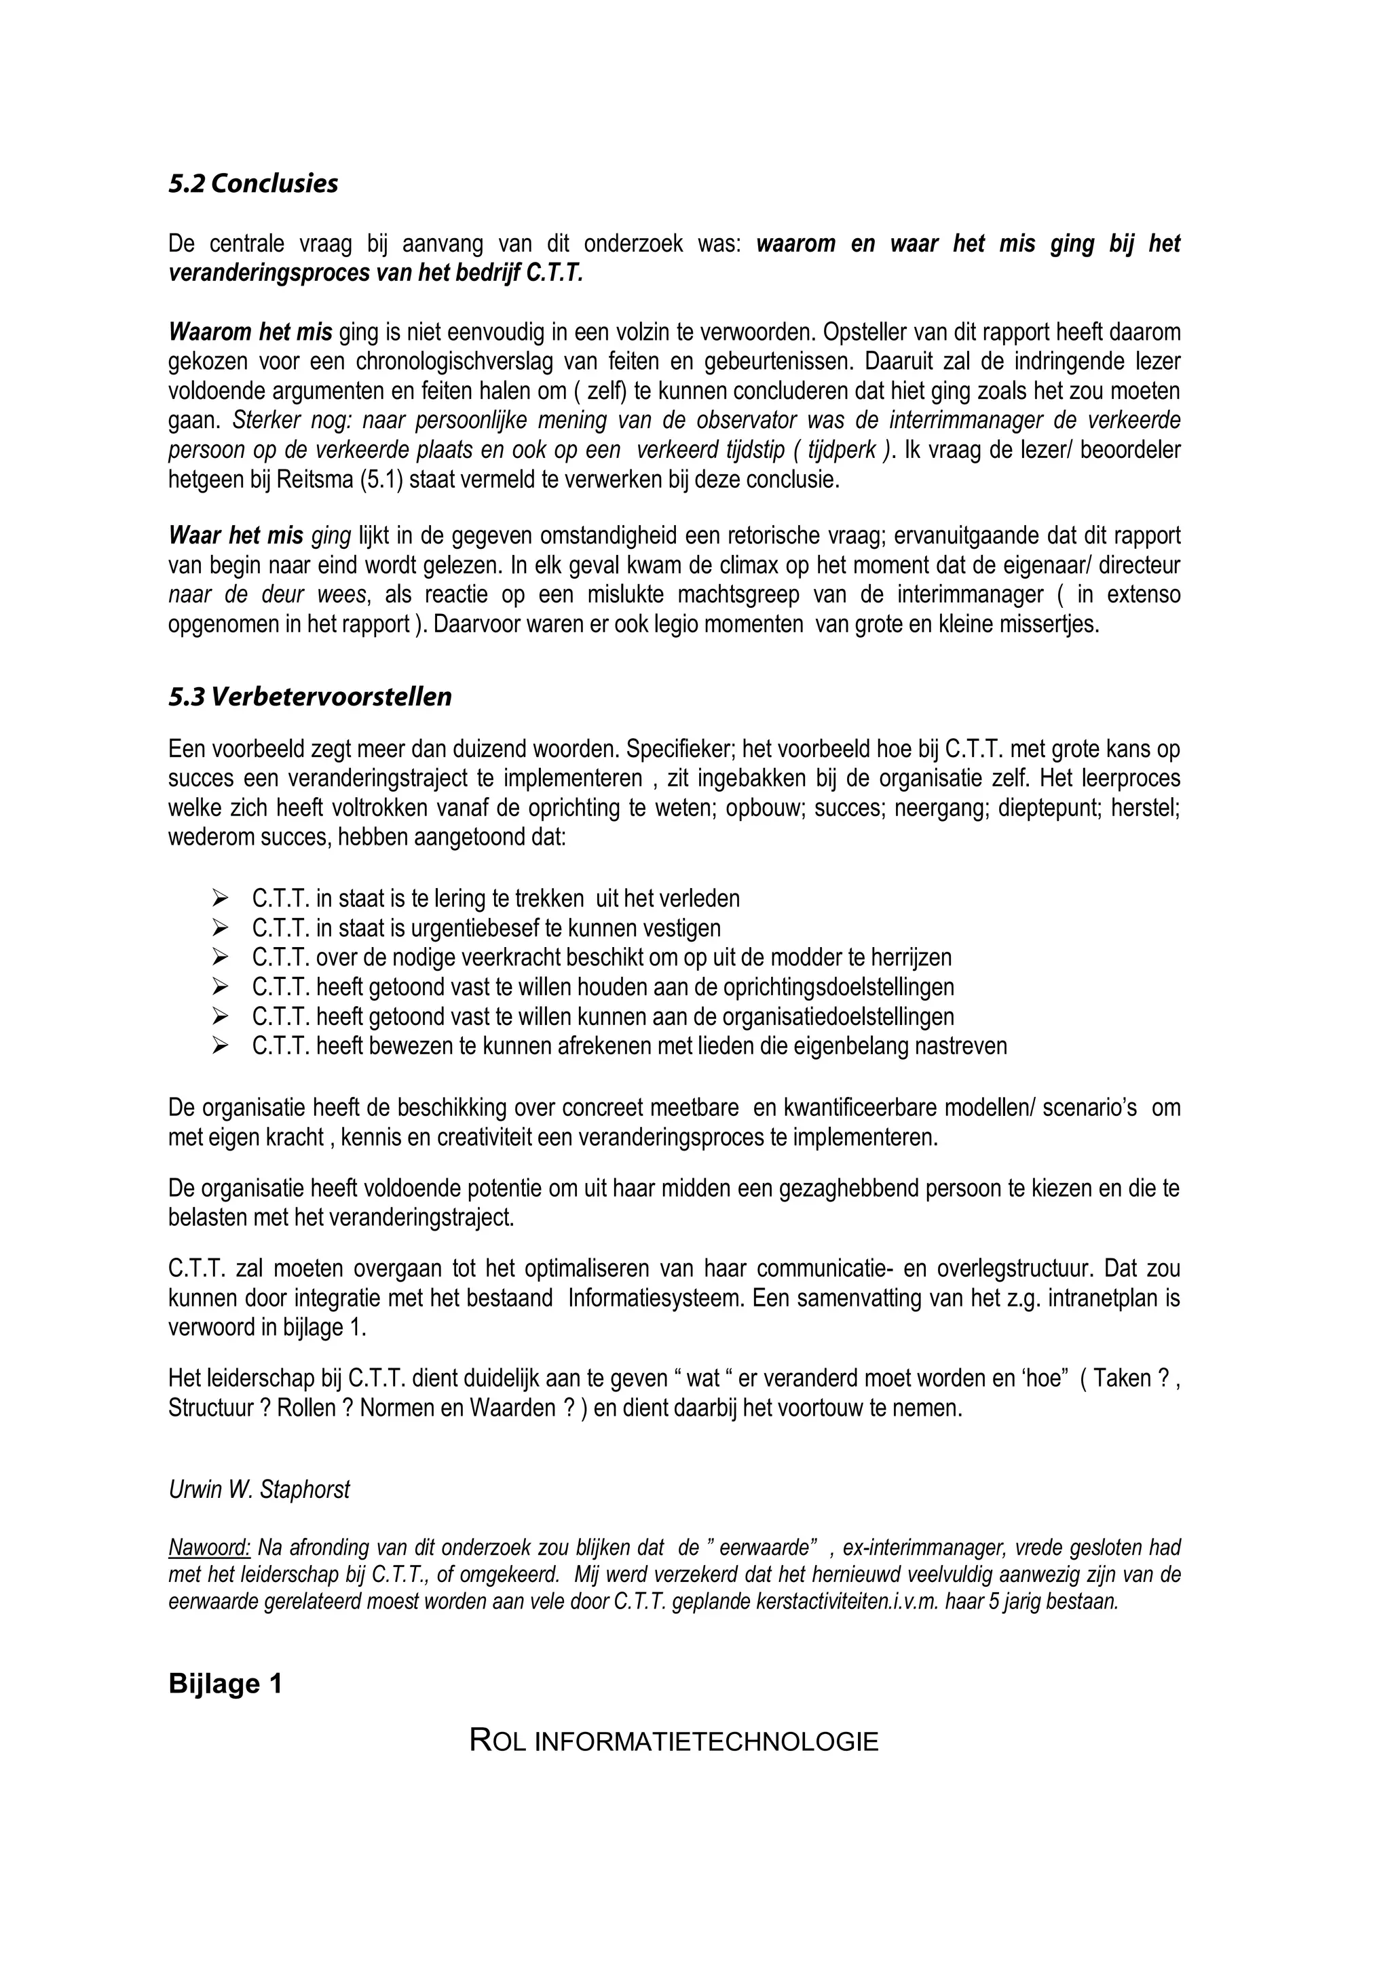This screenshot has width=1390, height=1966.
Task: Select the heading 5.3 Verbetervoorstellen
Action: (x=309, y=697)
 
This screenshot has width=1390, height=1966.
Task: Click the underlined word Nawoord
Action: (x=209, y=1547)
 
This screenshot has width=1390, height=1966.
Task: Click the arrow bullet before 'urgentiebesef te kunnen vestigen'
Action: (x=220, y=927)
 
